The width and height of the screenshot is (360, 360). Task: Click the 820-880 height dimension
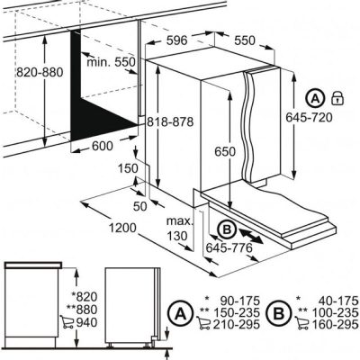pyautogui.click(x=40, y=72)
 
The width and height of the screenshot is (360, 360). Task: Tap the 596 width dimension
pyautogui.click(x=176, y=40)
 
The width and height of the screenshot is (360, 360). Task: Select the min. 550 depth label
pyautogui.click(x=111, y=62)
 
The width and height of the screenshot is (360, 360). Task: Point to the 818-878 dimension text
pyautogui.click(x=170, y=121)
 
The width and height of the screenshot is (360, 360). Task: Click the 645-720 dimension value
pyautogui.click(x=309, y=117)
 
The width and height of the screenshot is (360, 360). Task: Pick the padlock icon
pyautogui.click(x=337, y=98)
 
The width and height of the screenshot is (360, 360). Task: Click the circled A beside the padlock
pyautogui.click(x=315, y=98)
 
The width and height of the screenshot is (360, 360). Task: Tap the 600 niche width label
pyautogui.click(x=102, y=146)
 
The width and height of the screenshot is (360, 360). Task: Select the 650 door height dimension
pyautogui.click(x=225, y=152)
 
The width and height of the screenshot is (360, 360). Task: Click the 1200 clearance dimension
pyautogui.click(x=122, y=229)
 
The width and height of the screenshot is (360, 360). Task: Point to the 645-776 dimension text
pyautogui.click(x=229, y=247)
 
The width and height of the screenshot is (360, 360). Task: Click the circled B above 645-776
pyautogui.click(x=227, y=229)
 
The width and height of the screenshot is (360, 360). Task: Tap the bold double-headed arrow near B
pyautogui.click(x=251, y=236)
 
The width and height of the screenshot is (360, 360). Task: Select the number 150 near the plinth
pyautogui.click(x=128, y=168)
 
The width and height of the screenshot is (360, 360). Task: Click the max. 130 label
pyautogui.click(x=179, y=229)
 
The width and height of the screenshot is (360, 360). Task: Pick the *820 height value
pyautogui.click(x=85, y=296)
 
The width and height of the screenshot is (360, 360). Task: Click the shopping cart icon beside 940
pyautogui.click(x=67, y=322)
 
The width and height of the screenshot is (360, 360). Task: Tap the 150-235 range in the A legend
pyautogui.click(x=237, y=312)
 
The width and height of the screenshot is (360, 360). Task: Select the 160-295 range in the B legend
pyautogui.click(x=336, y=324)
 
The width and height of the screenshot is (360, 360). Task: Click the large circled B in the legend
pyautogui.click(x=279, y=314)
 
